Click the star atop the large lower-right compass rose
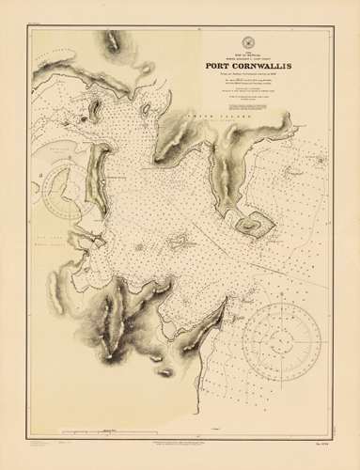point(281,300)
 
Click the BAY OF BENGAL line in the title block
point(250,52)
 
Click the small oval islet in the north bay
point(145,109)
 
